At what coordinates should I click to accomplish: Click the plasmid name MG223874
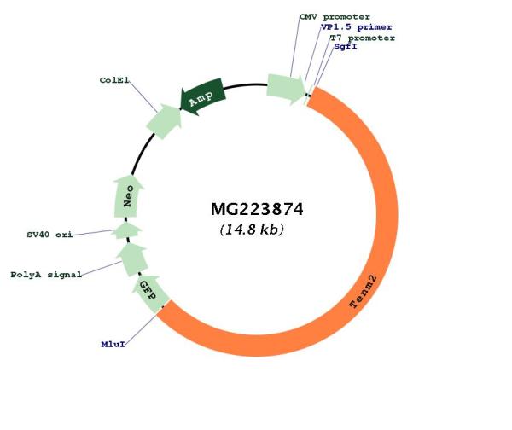tap(257, 209)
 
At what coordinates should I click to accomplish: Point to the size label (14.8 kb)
tap(252, 230)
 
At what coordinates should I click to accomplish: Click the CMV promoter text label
tap(335, 17)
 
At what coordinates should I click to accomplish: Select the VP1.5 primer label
tap(356, 27)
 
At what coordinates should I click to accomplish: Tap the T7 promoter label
tap(363, 38)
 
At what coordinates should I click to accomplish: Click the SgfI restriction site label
tap(346, 46)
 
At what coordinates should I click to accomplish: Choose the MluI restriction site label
tap(113, 344)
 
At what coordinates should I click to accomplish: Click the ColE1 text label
tap(114, 80)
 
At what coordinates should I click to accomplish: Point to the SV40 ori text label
tap(49, 235)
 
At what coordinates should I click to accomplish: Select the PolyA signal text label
tap(46, 275)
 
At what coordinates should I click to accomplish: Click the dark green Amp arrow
tap(202, 96)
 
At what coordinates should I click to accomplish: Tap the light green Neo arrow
tap(128, 196)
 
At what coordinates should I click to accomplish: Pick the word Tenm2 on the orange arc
tap(364, 292)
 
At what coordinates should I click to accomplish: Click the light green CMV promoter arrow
tap(286, 89)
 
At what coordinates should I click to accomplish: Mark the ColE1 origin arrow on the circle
tap(164, 121)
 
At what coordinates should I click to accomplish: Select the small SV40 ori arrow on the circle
tap(126, 230)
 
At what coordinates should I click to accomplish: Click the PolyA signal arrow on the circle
tap(132, 259)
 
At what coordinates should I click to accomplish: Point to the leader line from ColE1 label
tap(143, 96)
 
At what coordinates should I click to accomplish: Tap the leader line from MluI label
tap(142, 328)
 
